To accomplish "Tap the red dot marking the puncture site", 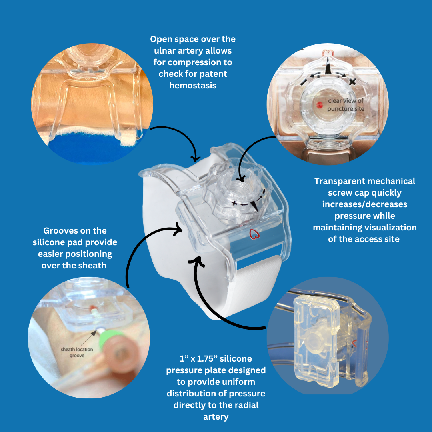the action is (x=319, y=105).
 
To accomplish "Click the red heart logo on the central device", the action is (x=254, y=234).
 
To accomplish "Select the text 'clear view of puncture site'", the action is (x=346, y=105).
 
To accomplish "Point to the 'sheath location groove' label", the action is (x=77, y=352).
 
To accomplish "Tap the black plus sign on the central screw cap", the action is (x=234, y=203).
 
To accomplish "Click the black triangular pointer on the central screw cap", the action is (x=255, y=206).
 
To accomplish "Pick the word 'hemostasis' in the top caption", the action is (x=193, y=86).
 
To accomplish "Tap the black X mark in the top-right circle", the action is (x=352, y=81).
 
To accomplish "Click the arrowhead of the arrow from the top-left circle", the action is (x=196, y=158).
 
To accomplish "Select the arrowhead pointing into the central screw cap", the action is (x=240, y=178).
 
